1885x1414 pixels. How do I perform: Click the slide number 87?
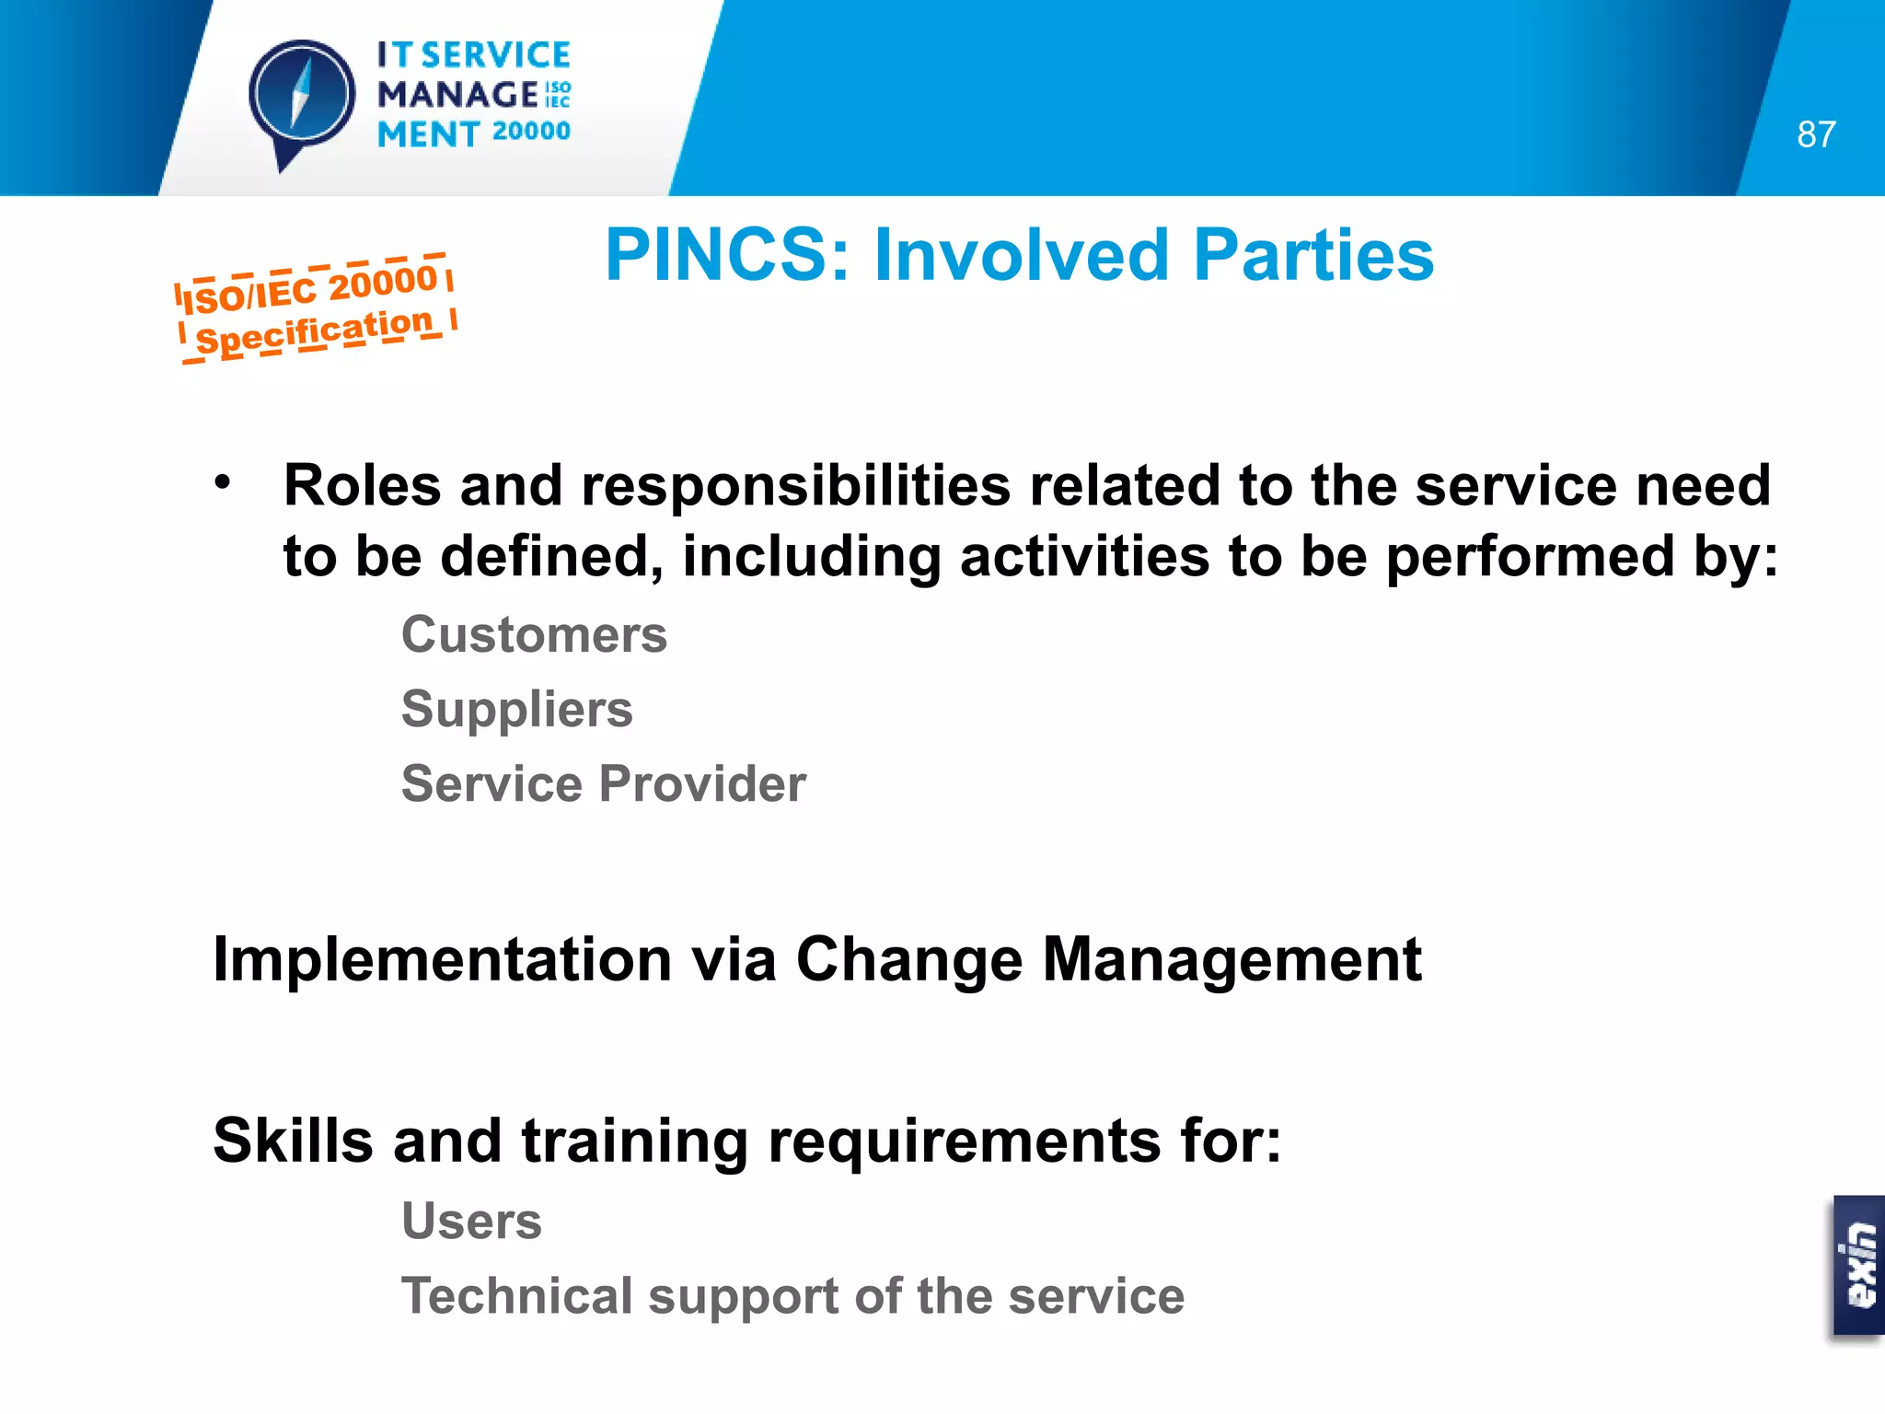(x=1816, y=134)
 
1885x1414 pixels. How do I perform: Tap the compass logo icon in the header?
(x=302, y=97)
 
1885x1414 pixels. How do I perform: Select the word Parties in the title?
(x=1313, y=255)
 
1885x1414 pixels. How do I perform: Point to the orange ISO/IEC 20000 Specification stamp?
(x=316, y=308)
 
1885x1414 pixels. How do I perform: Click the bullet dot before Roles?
(x=223, y=481)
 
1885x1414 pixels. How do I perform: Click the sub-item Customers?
(x=534, y=634)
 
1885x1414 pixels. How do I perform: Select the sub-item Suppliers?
(x=517, y=709)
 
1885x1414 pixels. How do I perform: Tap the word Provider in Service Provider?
(x=703, y=783)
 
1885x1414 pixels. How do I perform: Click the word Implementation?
(x=443, y=959)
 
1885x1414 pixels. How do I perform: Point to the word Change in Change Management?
(x=908, y=959)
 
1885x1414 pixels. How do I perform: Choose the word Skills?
(x=294, y=1140)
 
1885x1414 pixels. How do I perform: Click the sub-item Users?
(x=471, y=1221)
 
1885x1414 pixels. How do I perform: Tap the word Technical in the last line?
(x=516, y=1295)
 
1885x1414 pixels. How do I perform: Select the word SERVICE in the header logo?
(x=496, y=55)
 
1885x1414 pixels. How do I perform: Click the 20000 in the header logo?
(x=531, y=132)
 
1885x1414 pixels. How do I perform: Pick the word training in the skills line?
(x=635, y=1140)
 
